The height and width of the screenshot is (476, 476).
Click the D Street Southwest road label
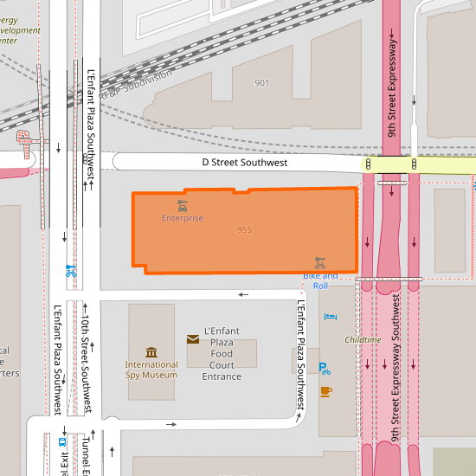click(x=245, y=163)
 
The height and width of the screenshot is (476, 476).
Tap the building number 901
click(x=262, y=83)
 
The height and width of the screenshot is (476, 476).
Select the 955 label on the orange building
click(x=244, y=230)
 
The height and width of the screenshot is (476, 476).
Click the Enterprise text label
click(x=183, y=218)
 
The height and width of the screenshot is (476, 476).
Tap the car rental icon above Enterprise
click(x=182, y=205)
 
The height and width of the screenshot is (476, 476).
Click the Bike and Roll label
click(x=320, y=280)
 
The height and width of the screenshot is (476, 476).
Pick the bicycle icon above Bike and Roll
click(x=320, y=262)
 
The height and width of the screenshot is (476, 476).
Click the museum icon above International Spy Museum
click(x=151, y=351)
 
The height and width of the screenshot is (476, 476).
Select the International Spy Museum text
click(x=151, y=370)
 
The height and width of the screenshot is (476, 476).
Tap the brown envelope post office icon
click(x=192, y=339)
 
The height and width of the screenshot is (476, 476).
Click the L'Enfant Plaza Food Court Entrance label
click(x=222, y=354)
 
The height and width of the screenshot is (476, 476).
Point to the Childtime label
click(x=363, y=340)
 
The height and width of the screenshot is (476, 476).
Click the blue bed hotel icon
click(x=330, y=318)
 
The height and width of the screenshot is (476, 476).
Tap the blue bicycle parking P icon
click(x=325, y=368)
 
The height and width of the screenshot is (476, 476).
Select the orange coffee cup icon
click(x=325, y=391)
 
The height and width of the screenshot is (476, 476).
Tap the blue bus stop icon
click(x=61, y=441)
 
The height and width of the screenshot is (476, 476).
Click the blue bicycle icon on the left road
click(x=70, y=270)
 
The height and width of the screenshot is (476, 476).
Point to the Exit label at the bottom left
click(x=64, y=463)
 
